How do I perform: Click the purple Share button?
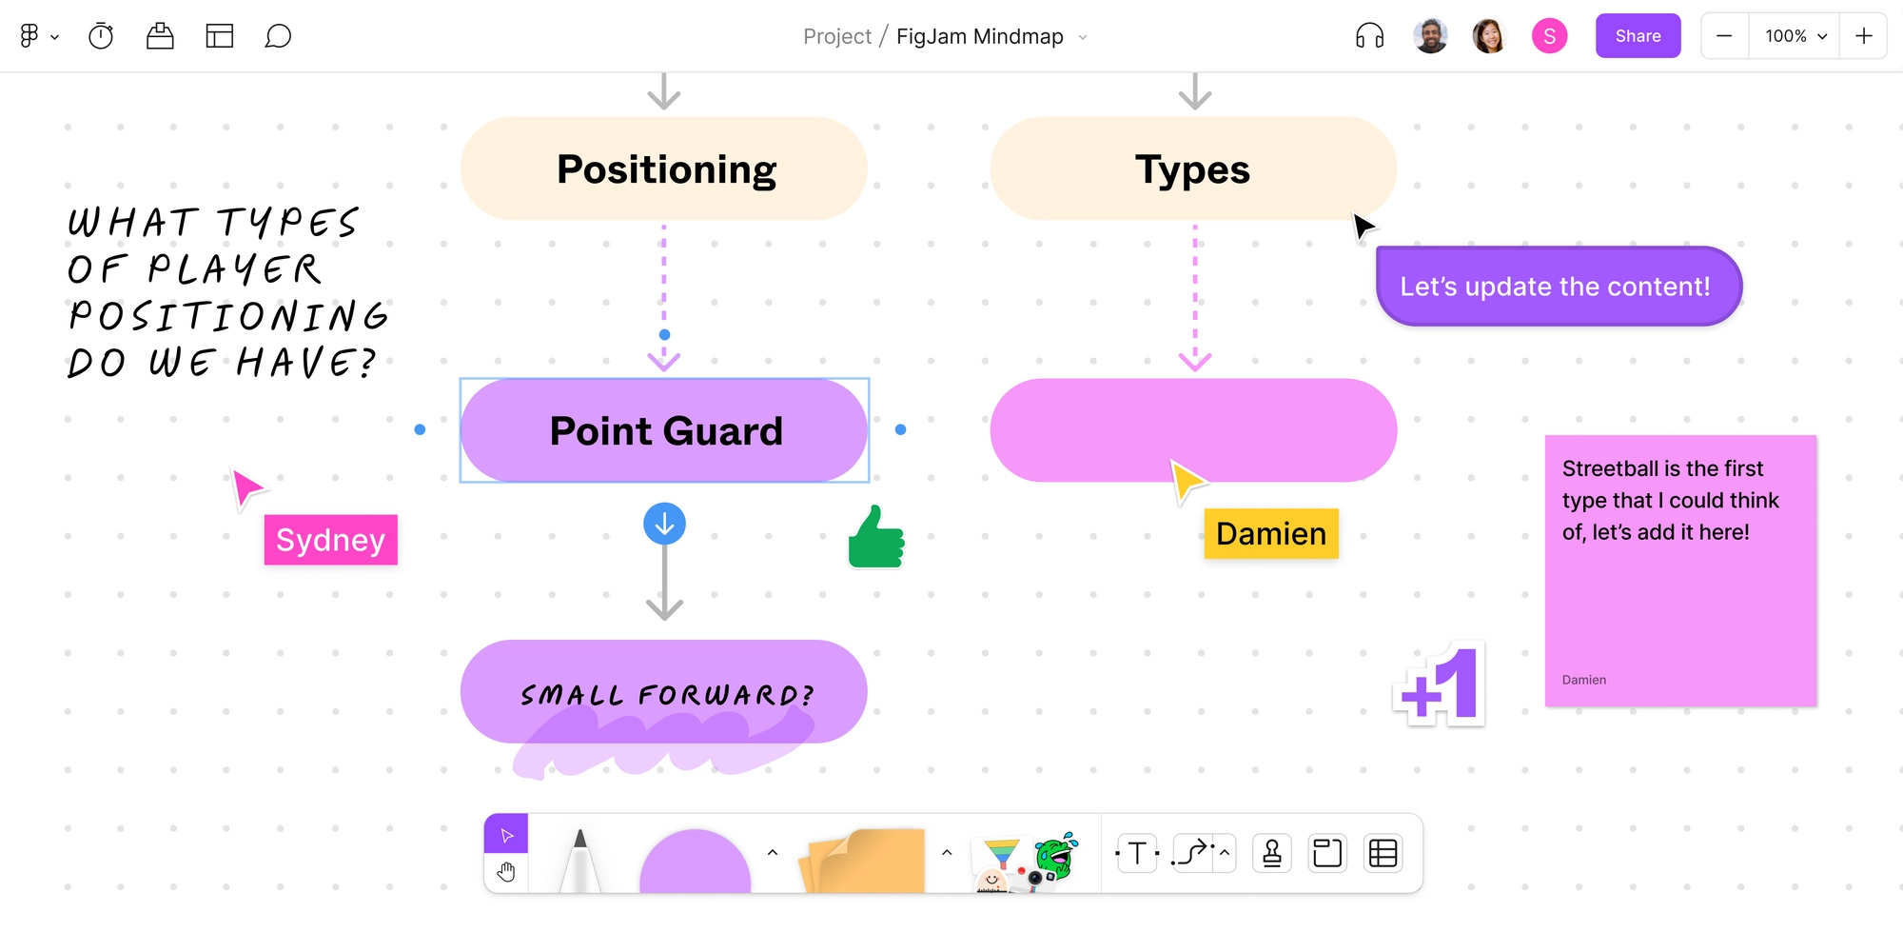click(1638, 36)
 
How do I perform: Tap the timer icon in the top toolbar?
click(101, 36)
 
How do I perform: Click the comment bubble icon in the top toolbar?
click(278, 36)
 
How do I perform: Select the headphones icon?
click(1369, 36)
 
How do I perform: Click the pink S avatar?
click(1549, 36)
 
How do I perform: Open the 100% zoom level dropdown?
click(1795, 36)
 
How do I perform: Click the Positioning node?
click(664, 169)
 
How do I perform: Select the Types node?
click(1193, 169)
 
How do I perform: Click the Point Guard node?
click(664, 430)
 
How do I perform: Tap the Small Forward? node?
click(664, 692)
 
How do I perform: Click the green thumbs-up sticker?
click(875, 538)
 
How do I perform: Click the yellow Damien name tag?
click(1271, 534)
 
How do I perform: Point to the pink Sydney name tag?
click(330, 540)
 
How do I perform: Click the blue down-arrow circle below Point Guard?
click(664, 524)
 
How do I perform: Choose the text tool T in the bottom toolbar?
click(1137, 854)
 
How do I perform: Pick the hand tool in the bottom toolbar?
click(506, 872)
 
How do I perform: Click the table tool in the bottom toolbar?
click(1383, 854)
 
